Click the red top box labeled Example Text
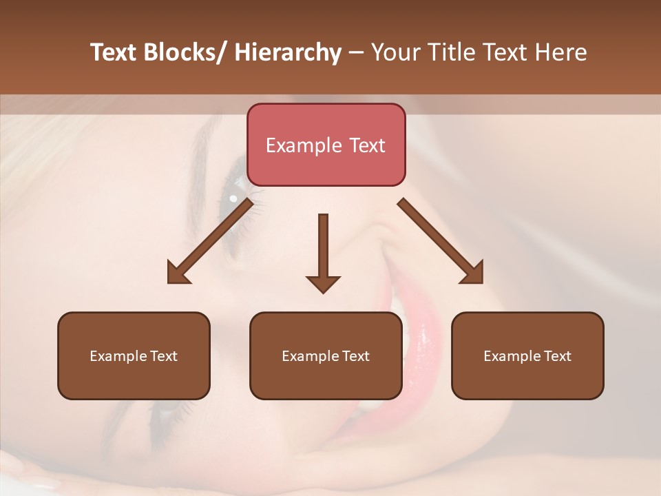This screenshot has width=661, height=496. point(326,145)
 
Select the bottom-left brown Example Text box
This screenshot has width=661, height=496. point(134,355)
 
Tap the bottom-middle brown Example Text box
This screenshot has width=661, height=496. point(326,355)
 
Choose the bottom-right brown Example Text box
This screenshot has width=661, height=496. point(527,355)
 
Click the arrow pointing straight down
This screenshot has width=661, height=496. point(323,251)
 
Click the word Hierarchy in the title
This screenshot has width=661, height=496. point(288,52)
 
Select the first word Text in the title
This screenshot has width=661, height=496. point(114,52)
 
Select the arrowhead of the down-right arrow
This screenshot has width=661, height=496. point(472,273)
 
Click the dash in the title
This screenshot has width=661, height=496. point(356,52)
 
